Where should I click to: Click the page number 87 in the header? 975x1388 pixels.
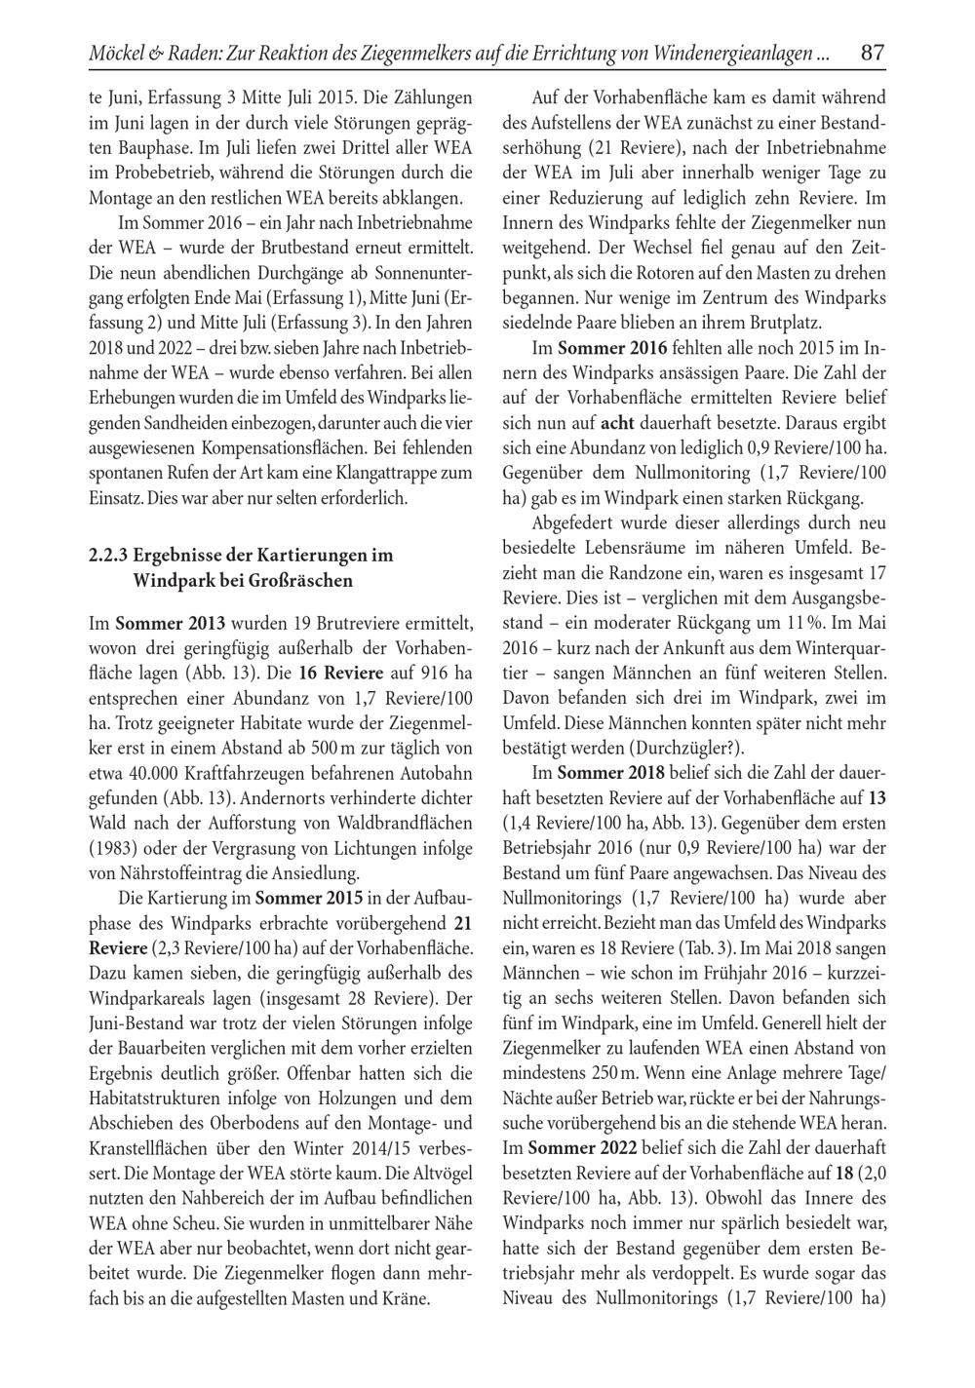pos(873,53)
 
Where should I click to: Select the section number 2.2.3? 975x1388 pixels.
pos(107,557)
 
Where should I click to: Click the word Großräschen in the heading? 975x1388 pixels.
pos(300,582)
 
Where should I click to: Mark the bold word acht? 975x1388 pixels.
pos(618,424)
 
